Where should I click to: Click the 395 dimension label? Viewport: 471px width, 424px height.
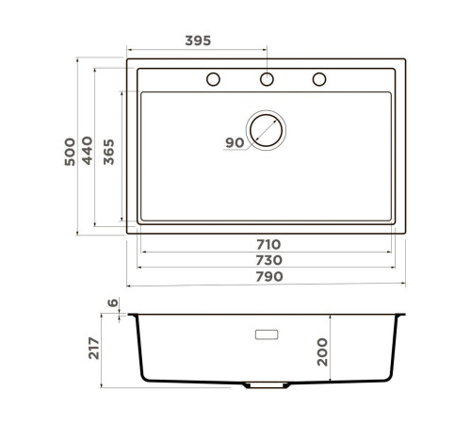196,41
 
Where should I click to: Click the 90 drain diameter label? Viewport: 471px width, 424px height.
234,142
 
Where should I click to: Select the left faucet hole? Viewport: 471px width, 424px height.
214,77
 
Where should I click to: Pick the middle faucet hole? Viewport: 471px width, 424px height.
267,77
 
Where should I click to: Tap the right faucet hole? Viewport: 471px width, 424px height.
318,77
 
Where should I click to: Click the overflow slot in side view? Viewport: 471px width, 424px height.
267,334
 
